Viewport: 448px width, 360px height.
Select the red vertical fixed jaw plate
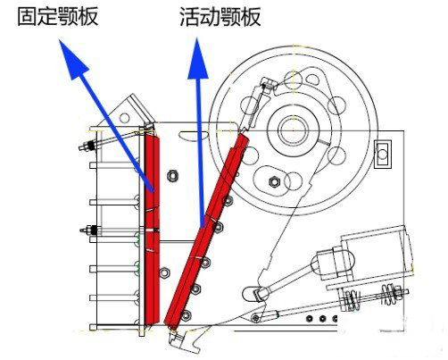click(x=153, y=228)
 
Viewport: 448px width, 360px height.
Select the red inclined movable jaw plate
click(x=212, y=232)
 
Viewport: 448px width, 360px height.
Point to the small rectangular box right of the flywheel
click(x=385, y=152)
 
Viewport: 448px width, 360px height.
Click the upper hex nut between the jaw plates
click(x=173, y=175)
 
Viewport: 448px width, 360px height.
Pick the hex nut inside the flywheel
click(x=275, y=181)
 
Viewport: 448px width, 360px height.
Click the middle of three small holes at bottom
click(x=323, y=319)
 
